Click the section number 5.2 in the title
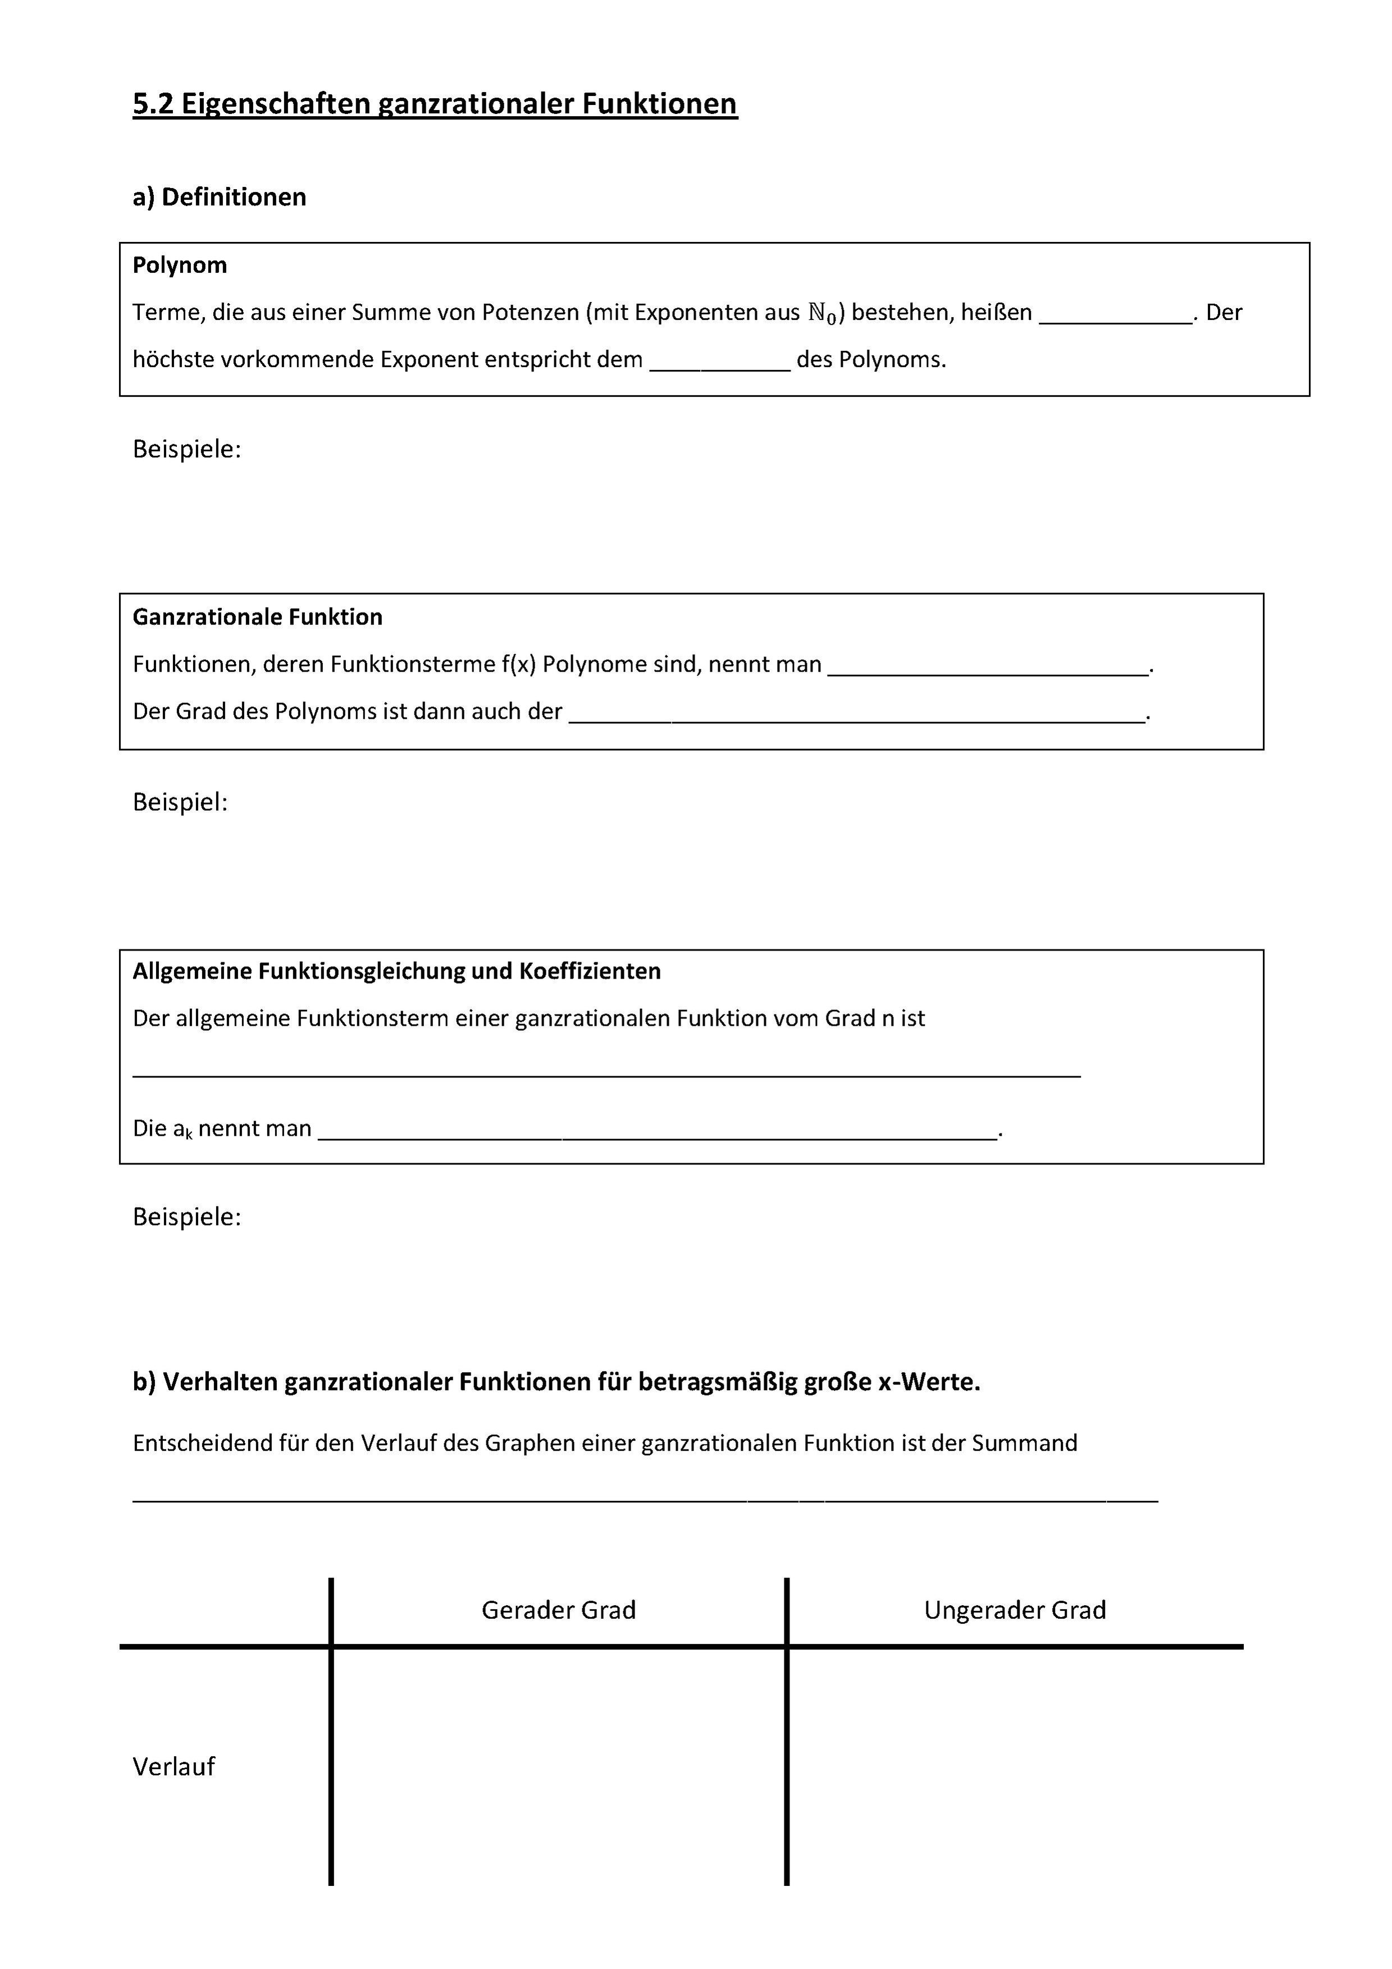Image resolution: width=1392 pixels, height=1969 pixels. click(153, 104)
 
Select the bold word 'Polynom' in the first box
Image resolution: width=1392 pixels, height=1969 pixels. click(179, 265)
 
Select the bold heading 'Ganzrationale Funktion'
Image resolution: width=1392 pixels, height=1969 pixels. click(257, 616)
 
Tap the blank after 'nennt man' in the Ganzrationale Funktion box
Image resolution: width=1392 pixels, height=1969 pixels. click(987, 668)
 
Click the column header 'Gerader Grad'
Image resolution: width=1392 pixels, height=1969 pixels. click(558, 1610)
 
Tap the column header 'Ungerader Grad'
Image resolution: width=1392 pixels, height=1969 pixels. click(1015, 1610)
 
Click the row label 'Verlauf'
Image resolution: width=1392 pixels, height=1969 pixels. click(174, 1767)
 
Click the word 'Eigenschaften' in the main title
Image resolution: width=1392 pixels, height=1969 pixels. click(275, 104)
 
